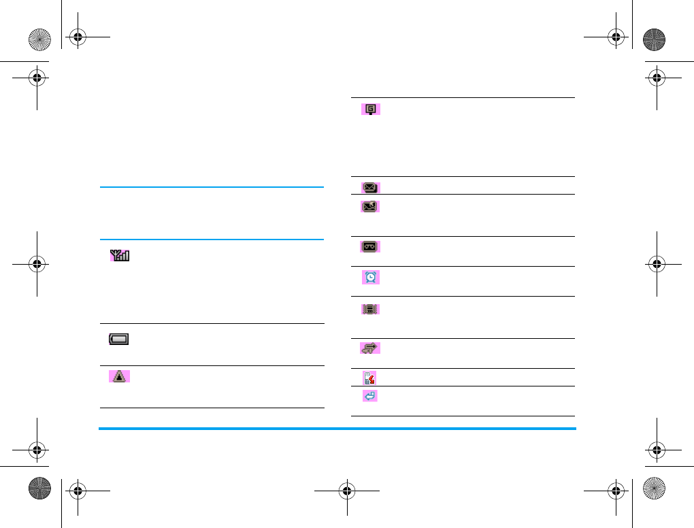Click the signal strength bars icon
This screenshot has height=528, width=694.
pyautogui.click(x=120, y=256)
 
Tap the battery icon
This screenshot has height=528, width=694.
pyautogui.click(x=118, y=339)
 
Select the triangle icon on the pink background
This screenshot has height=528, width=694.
pyautogui.click(x=120, y=376)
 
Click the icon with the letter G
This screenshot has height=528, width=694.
pyautogui.click(x=371, y=108)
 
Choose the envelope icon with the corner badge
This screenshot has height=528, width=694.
pyautogui.click(x=370, y=205)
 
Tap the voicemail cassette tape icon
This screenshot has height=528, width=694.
pyautogui.click(x=370, y=247)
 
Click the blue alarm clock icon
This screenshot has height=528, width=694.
pyautogui.click(x=371, y=277)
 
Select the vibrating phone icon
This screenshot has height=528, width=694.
pyautogui.click(x=370, y=309)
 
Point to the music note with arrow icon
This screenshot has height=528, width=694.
pyautogui.click(x=370, y=348)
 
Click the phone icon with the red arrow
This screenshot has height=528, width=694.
pyautogui.click(x=370, y=378)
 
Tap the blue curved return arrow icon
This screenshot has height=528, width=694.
pyautogui.click(x=371, y=395)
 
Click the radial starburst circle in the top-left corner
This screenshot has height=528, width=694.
pyautogui.click(x=40, y=39)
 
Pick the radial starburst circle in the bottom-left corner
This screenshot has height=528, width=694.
pyautogui.click(x=40, y=489)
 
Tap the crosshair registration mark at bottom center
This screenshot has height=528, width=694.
pyautogui.click(x=347, y=489)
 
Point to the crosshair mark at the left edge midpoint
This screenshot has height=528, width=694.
pyautogui.click(x=37, y=264)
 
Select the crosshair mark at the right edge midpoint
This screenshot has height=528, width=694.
pyautogui.click(x=657, y=264)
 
